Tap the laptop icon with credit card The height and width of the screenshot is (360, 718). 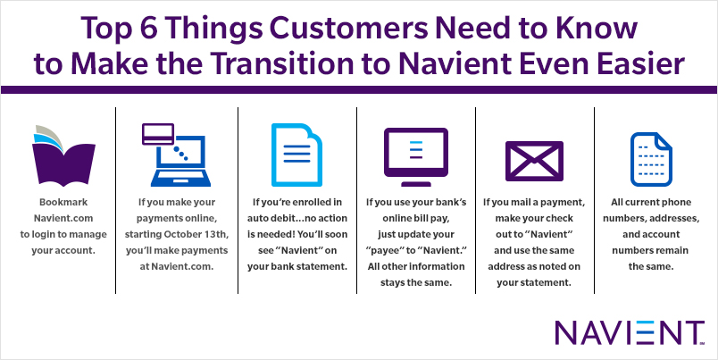(176, 155)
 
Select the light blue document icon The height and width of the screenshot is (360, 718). (296, 155)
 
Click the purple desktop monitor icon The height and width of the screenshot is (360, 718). (416, 156)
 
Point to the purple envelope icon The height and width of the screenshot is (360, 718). (534, 161)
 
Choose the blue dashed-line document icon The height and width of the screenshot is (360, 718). (651, 159)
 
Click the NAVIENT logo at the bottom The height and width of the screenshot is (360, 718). (630, 332)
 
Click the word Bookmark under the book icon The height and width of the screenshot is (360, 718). (63, 202)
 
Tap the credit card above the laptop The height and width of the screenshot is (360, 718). (158, 134)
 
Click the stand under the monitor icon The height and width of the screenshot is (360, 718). (416, 184)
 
